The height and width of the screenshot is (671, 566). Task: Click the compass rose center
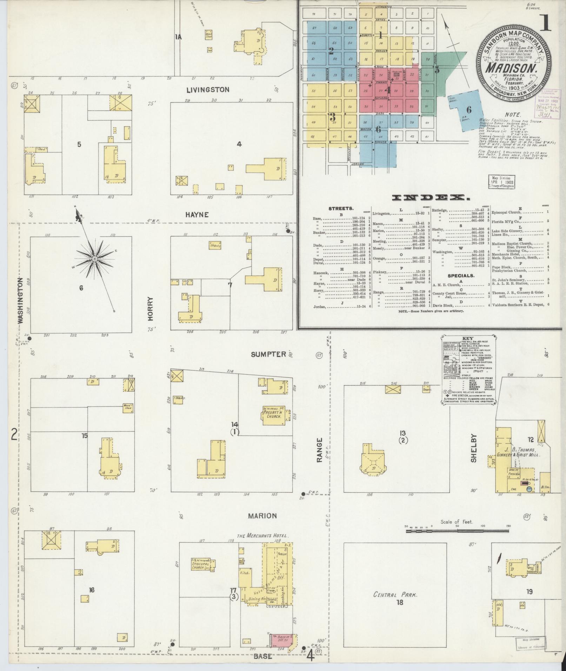coord(94,259)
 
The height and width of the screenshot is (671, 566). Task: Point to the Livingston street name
coord(208,90)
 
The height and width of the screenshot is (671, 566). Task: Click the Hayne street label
coord(198,215)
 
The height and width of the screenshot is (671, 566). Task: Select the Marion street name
coord(262,516)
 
